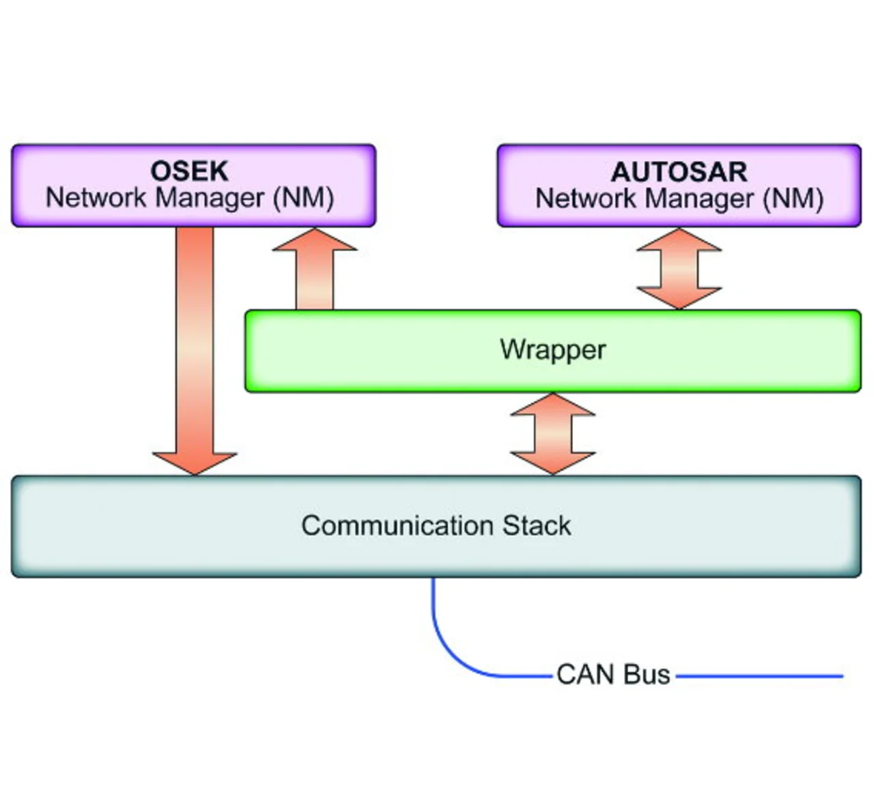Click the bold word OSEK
pyautogui.click(x=189, y=171)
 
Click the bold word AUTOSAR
pyautogui.click(x=679, y=171)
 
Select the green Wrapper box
pyautogui.click(x=410, y=368)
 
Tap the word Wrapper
pyautogui.click(x=552, y=349)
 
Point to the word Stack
pyautogui.click(x=537, y=525)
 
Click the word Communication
pyautogui.click(x=397, y=525)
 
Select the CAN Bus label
pyautogui.click(x=612, y=674)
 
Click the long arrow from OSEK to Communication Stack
pyautogui.click(x=195, y=341)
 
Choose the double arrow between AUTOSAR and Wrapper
pyautogui.click(x=679, y=269)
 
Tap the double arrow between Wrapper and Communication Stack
pyautogui.click(x=552, y=433)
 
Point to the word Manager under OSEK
pyautogui.click(x=209, y=198)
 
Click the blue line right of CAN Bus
pyautogui.click(x=758, y=676)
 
